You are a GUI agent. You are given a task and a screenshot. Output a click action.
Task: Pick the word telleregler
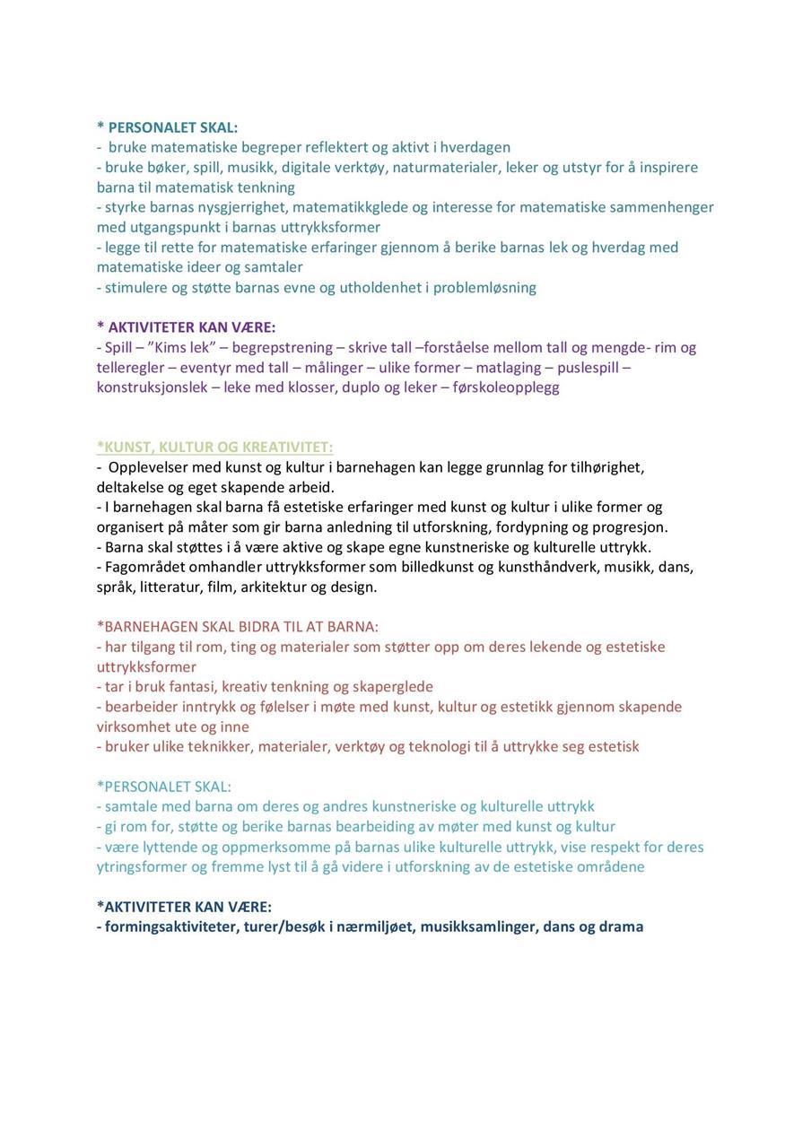[x=133, y=368]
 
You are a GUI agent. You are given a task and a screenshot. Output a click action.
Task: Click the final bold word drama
[x=621, y=926]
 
